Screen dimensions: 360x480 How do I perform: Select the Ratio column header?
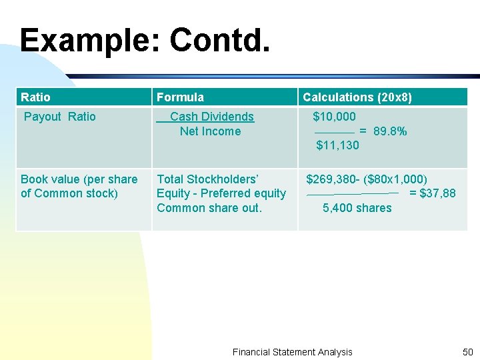35,97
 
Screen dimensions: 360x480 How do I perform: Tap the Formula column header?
180,97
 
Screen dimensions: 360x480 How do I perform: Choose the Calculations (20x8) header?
357,97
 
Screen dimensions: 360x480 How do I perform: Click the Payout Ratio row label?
60,117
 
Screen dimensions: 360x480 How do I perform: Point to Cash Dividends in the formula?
212,117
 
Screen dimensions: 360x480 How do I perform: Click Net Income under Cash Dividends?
210,131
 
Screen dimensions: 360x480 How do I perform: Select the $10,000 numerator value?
335,117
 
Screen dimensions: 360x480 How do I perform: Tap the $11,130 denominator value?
337,145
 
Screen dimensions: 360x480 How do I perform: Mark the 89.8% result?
390,131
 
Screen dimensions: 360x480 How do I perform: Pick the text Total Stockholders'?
207,179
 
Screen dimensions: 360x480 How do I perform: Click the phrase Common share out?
209,208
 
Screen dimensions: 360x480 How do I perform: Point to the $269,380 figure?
331,179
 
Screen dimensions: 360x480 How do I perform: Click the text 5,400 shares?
357,208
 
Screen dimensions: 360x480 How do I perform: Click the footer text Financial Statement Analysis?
292,352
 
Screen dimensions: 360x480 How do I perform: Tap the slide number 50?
467,352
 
